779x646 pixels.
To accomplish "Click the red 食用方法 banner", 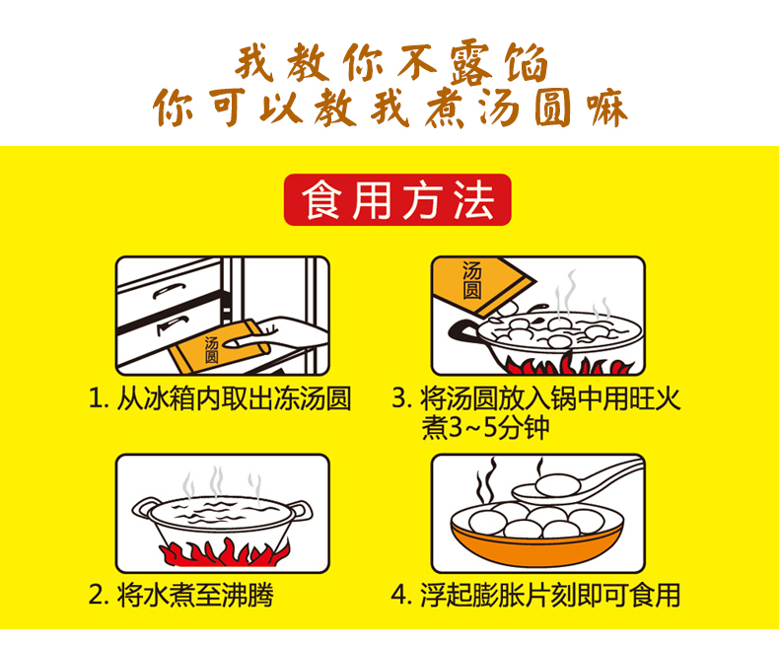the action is point(397,200).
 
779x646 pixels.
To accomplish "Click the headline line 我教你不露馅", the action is point(391,63).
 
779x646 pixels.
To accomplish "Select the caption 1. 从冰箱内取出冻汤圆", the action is point(220,398).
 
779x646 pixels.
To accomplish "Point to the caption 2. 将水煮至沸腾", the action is point(180,595).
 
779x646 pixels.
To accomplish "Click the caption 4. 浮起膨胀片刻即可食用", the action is point(535,595).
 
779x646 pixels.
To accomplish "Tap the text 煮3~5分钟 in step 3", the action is point(485,428).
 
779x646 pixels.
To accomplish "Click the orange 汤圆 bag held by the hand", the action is point(219,346).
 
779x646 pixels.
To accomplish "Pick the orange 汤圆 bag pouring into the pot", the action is point(480,286).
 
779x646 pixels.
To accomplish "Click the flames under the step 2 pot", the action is point(224,551).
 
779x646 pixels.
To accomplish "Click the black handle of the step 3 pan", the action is point(463,331).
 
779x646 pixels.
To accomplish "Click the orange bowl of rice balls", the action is point(536,536).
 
